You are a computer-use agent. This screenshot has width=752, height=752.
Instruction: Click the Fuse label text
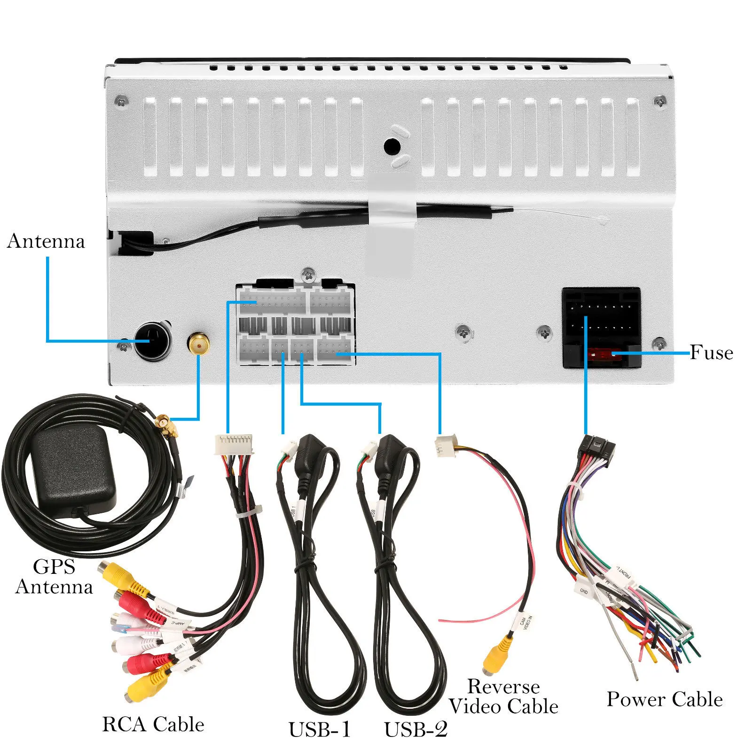pos(711,352)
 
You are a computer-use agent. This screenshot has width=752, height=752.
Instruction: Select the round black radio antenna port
pos(152,341)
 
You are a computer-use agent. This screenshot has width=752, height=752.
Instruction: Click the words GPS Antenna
pos(54,577)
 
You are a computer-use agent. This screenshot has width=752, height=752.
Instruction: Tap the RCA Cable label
pos(153,724)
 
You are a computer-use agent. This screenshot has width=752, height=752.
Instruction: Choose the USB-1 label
pos(320,730)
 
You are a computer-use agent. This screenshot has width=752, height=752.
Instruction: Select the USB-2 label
pos(415,730)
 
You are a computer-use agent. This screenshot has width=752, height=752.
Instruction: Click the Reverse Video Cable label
pos(503,697)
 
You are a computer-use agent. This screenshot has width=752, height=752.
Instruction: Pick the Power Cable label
pos(665,699)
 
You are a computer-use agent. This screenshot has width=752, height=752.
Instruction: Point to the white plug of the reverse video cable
pos(444,445)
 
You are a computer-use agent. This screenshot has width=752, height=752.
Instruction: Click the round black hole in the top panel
pos(392,147)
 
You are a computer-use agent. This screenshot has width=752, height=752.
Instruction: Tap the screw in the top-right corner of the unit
pos(660,102)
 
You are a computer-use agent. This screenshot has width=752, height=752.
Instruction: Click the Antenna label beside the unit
pos(46,241)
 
